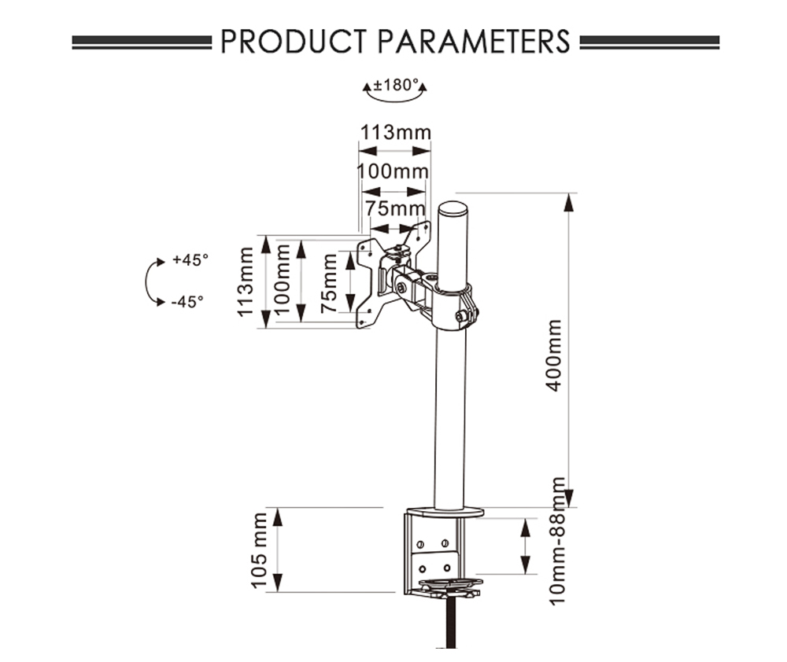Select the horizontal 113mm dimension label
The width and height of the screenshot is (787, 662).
coord(396,131)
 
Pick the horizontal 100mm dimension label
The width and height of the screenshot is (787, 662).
coord(393,171)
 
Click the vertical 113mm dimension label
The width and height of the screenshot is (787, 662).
coord(246,281)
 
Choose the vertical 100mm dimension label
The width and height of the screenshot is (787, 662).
coord(284,281)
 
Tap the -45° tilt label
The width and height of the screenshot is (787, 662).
coord(189,300)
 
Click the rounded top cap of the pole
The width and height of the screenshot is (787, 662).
coord(453,210)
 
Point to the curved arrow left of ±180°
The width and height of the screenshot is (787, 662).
coord(367,89)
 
